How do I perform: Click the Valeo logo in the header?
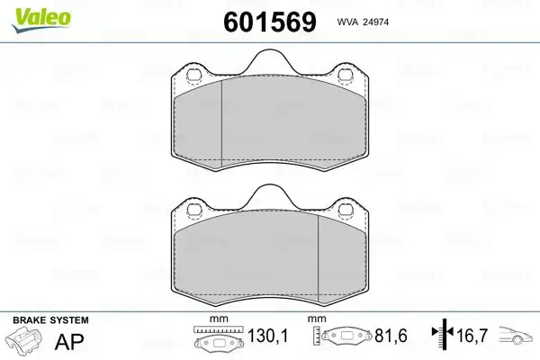[35, 16]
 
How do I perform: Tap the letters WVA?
[347, 22]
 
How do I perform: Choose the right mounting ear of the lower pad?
[345, 212]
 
